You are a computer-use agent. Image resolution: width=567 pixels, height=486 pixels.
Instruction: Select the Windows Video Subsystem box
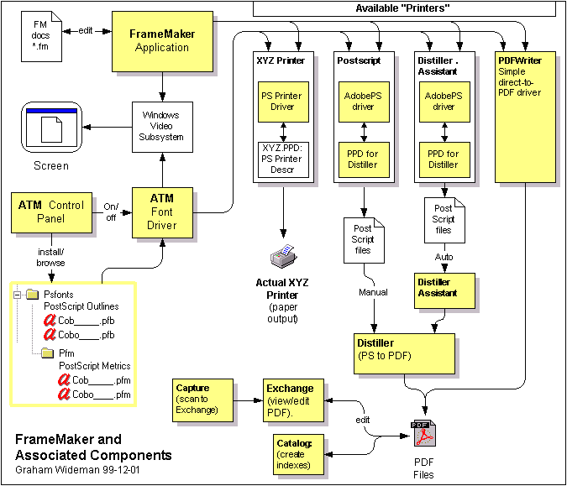tap(163, 125)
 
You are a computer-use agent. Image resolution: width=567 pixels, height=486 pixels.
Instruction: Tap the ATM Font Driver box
tap(161, 212)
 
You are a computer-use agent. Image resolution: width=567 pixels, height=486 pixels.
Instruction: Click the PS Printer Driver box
tap(281, 102)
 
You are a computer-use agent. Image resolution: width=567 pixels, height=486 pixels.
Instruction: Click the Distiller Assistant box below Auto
tap(444, 288)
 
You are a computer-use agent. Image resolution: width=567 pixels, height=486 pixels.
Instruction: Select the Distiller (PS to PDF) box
tap(405, 348)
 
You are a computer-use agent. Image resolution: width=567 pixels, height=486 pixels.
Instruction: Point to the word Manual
tap(374, 292)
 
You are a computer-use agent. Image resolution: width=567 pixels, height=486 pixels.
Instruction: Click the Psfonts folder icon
tap(33, 295)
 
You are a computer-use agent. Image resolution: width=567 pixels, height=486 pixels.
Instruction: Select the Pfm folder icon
tap(49, 353)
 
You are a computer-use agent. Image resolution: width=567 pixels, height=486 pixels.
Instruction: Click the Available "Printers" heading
tap(403, 8)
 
